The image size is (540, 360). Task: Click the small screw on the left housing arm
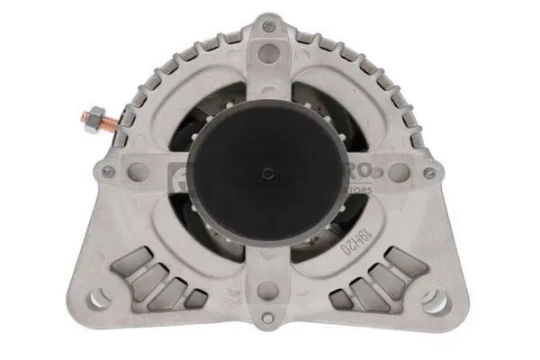[x=108, y=173]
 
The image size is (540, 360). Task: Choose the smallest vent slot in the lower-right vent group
[x=341, y=296]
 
